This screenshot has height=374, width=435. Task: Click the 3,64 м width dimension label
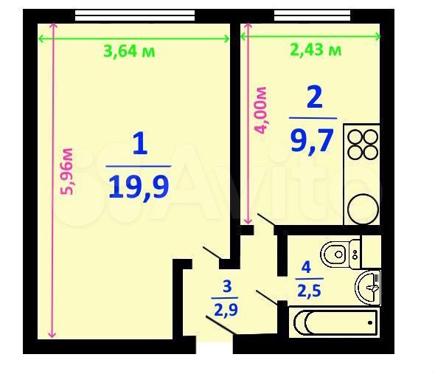click(x=129, y=51)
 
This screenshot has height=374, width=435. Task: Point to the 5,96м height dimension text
click(x=67, y=171)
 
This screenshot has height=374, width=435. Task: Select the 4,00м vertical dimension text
click(x=260, y=110)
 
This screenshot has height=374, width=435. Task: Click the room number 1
click(x=139, y=143)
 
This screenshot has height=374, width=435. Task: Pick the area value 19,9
click(x=139, y=186)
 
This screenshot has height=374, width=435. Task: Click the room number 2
click(x=313, y=97)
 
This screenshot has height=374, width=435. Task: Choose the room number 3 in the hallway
click(x=226, y=286)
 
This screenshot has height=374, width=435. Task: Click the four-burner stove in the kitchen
click(x=361, y=145)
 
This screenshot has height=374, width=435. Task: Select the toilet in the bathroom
click(x=340, y=253)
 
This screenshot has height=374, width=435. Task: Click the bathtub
click(x=335, y=322)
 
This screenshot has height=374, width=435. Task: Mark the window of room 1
click(x=134, y=15)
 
